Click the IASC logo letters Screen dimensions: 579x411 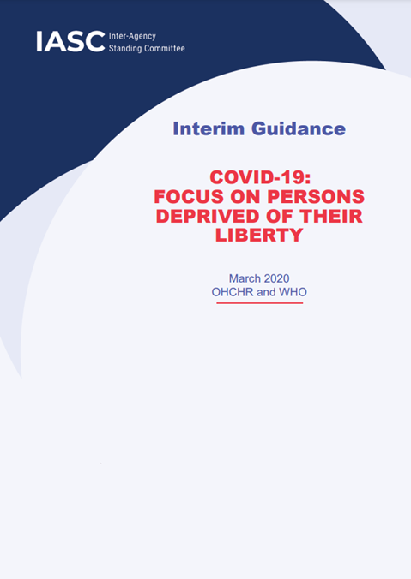[70, 41]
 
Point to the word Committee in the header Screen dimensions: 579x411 [166, 48]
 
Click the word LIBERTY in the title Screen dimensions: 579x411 [259, 234]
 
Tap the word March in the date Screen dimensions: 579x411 [245, 278]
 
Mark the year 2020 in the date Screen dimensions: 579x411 [276, 278]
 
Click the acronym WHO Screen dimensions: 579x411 [290, 292]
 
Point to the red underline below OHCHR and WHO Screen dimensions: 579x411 [259, 303]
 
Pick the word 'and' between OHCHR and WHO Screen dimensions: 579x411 [263, 292]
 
